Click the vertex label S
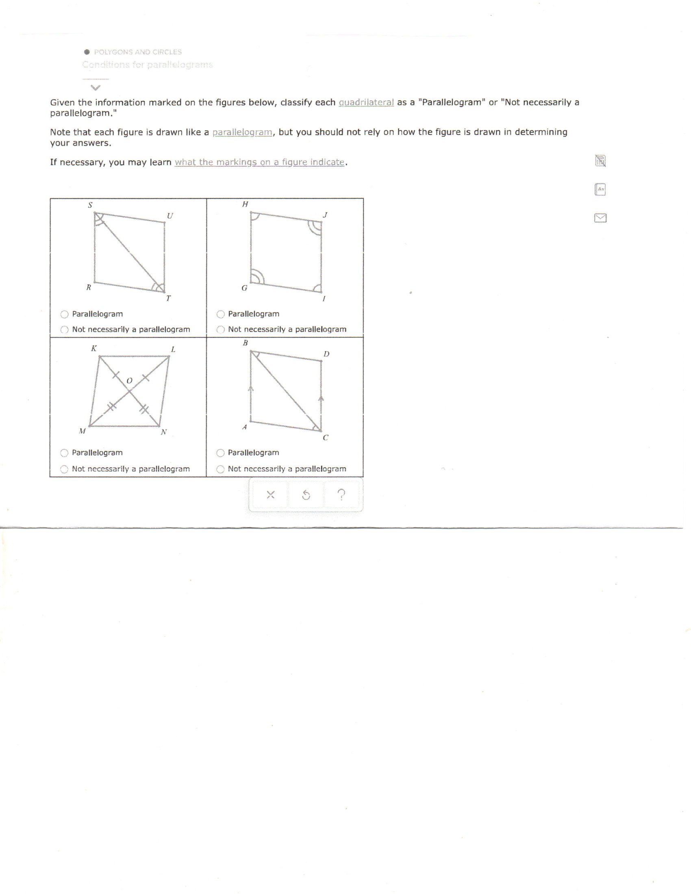click(90, 205)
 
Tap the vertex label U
click(170, 215)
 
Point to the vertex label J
click(326, 215)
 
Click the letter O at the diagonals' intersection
click(129, 381)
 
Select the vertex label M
click(82, 431)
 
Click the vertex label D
click(326, 354)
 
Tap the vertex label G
click(244, 288)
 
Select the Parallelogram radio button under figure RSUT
click(65, 315)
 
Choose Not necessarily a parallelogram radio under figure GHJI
click(221, 330)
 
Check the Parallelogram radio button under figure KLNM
click(64, 453)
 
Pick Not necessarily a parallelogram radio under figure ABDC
click(221, 469)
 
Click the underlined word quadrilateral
click(366, 102)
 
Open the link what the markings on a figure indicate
click(260, 162)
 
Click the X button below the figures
click(271, 495)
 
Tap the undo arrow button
click(306, 495)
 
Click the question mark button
click(341, 495)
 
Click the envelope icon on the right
click(600, 218)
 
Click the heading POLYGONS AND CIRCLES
click(137, 52)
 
